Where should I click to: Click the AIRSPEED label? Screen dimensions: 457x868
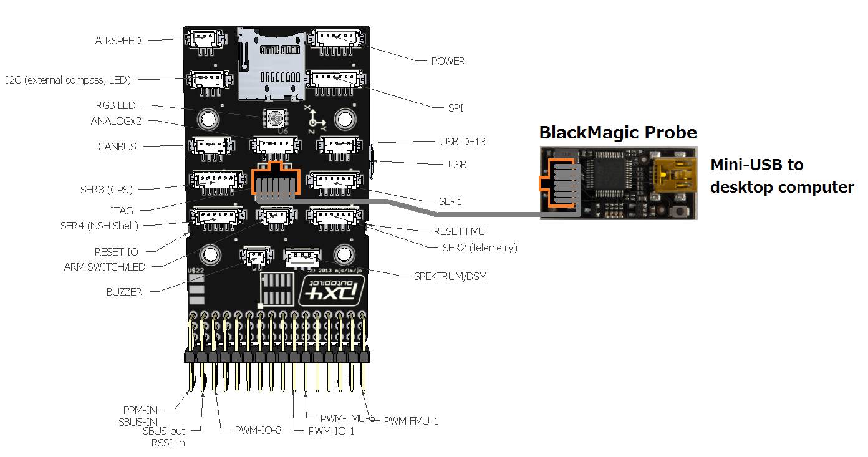[118, 41]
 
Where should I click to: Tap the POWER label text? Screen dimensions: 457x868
[448, 61]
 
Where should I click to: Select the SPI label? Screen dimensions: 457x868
[455, 108]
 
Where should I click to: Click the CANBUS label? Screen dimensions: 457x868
[117, 147]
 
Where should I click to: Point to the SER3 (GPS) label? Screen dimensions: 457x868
[106, 189]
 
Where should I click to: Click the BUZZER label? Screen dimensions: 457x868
[123, 291]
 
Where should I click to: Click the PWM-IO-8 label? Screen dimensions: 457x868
[258, 430]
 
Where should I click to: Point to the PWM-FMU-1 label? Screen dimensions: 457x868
[410, 421]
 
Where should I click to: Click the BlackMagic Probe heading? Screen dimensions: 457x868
[617, 132]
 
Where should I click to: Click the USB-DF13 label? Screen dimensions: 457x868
[462, 142]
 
